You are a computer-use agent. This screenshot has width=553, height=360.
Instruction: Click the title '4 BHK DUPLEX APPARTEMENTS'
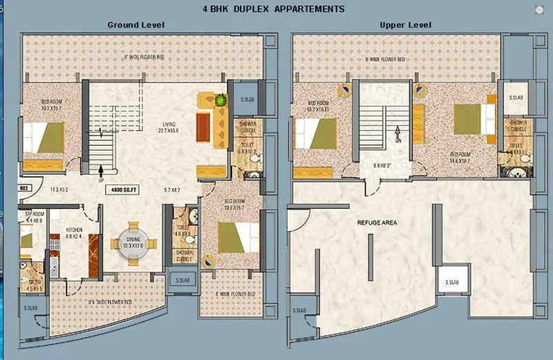pos(273,9)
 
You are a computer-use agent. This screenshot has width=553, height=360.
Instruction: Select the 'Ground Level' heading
pos(135,25)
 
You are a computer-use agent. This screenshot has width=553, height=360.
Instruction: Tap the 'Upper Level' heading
pos(406,25)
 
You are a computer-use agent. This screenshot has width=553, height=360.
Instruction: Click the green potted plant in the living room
pos(221,100)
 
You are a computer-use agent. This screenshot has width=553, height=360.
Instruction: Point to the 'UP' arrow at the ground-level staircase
pos(102,172)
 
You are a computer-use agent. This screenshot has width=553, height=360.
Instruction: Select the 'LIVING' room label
pos(169,124)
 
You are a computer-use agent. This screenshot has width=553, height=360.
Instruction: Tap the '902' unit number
pos(23,187)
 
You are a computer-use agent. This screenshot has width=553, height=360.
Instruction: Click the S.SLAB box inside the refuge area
pos(453,282)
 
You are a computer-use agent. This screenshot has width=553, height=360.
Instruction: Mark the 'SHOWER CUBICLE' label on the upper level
pos(518,125)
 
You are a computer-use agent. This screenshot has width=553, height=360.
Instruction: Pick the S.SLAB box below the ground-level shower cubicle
pos(182,281)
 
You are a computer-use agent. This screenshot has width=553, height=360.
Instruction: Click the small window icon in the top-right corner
pos(538,10)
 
